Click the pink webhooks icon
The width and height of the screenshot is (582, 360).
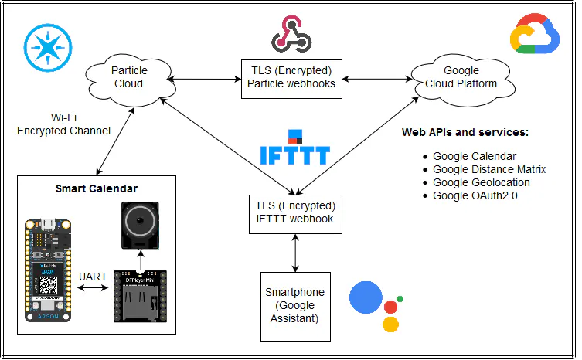[x=291, y=35]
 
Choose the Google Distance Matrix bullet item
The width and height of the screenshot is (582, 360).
[x=488, y=169]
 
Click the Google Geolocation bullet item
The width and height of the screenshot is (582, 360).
[x=481, y=182]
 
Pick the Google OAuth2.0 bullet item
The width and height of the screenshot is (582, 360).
[x=475, y=195]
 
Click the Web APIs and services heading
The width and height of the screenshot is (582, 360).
[x=465, y=132]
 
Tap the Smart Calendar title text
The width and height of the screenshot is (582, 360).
[x=96, y=188]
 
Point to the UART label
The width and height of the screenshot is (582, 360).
[x=92, y=275]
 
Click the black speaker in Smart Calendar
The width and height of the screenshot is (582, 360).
[x=140, y=225]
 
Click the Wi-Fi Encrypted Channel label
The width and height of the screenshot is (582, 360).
[x=63, y=124]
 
